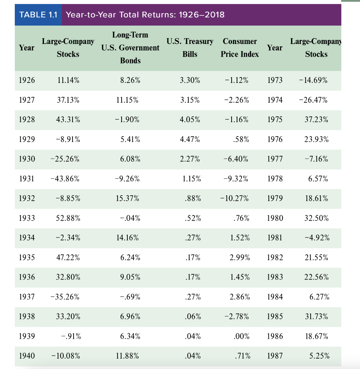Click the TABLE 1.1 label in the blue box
pyautogui.click(x=38, y=15)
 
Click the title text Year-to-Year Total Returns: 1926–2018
pyautogui.click(x=145, y=15)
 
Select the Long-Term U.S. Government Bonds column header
pyautogui.click(x=130, y=48)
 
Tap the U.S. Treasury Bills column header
pyautogui.click(x=190, y=48)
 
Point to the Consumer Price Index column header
pyautogui.click(x=240, y=48)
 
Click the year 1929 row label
pyautogui.click(x=27, y=139)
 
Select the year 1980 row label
pyautogui.click(x=275, y=218)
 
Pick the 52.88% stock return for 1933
pyautogui.click(x=68, y=218)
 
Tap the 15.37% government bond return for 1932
pyautogui.click(x=127, y=199)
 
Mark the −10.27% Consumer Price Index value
pyautogui.click(x=234, y=199)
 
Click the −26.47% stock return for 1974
pyautogui.click(x=313, y=100)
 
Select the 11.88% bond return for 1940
pyautogui.click(x=127, y=356)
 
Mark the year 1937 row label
pyautogui.click(x=27, y=297)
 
